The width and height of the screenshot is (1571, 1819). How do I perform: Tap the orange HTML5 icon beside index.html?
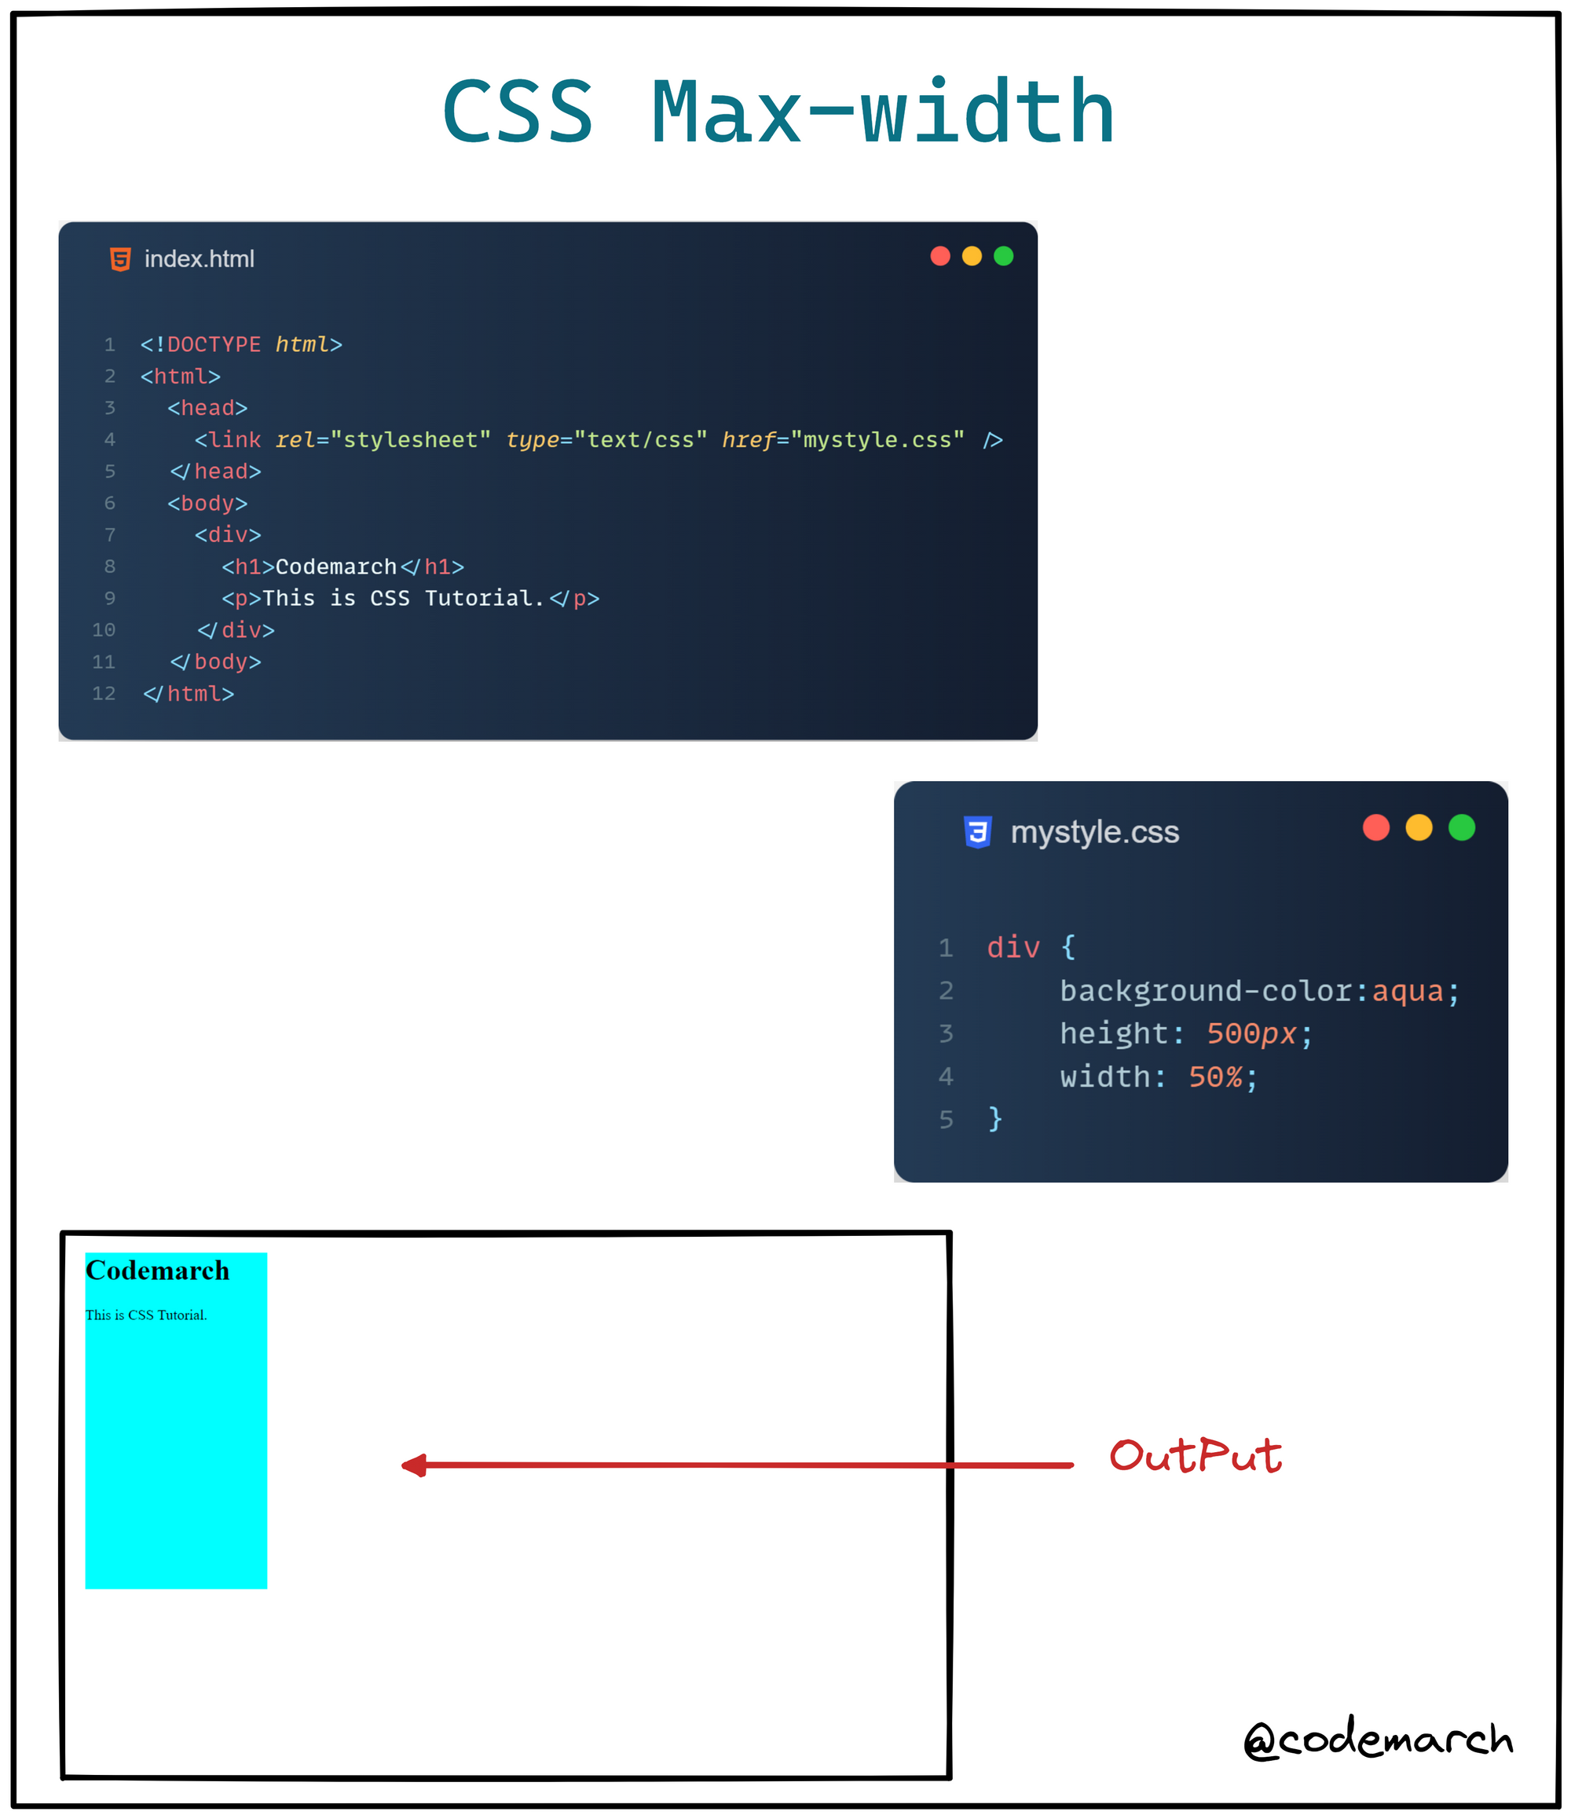pos(120,259)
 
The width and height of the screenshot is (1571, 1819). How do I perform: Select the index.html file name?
pos(200,259)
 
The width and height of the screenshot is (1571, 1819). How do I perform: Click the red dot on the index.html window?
pos(940,255)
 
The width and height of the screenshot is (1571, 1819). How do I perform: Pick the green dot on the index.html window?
pos(1003,255)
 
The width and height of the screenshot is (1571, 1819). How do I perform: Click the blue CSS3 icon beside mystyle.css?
pos(978,831)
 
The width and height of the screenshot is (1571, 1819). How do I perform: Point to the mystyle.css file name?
pos(1094,832)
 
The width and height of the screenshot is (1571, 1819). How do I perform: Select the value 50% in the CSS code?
pos(1215,1077)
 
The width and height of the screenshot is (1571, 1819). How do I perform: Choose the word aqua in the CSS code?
pos(1407,991)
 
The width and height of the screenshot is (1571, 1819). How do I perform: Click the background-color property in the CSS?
pos(1206,991)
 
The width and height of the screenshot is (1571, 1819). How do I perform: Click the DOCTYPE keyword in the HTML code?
pos(214,344)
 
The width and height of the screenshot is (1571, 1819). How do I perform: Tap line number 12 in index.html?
pos(104,694)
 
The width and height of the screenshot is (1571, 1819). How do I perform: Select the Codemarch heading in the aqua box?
pos(157,1271)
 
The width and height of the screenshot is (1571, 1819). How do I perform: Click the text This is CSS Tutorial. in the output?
pos(145,1315)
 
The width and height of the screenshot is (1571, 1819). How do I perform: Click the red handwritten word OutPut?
pos(1195,1457)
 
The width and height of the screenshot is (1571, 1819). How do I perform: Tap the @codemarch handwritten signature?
pos(1377,1739)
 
